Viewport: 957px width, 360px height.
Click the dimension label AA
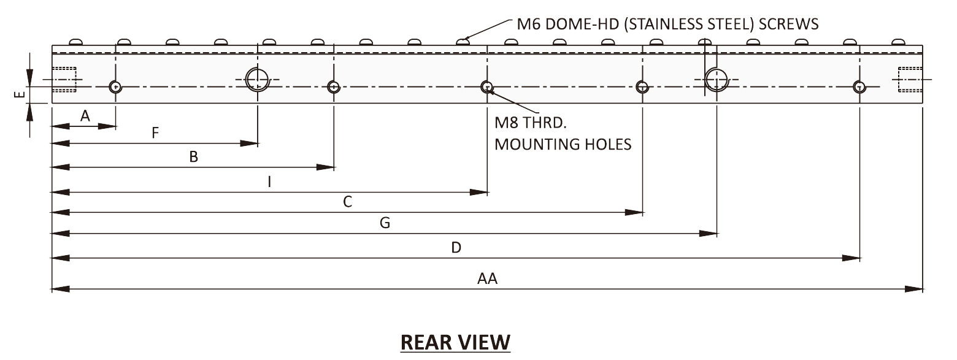[487, 279]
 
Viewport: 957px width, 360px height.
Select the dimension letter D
[456, 248]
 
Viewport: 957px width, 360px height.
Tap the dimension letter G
[385, 223]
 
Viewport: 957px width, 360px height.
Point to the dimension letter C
[347, 202]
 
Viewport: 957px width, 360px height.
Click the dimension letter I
[269, 182]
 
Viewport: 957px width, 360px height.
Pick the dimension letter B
[193, 157]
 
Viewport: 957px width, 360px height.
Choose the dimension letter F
[155, 133]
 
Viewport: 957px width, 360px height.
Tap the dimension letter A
[85, 116]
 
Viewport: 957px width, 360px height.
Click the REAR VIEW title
[455, 342]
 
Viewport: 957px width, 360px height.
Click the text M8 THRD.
[532, 123]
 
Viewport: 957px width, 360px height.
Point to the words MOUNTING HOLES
[563, 145]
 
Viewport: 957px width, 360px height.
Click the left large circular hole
[257, 79]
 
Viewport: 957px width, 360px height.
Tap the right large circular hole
[716, 79]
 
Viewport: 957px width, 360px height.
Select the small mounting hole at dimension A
[115, 87]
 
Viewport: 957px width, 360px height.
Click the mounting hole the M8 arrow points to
[486, 86]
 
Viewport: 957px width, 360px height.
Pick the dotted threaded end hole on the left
[64, 79]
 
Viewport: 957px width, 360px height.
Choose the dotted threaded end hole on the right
[910, 79]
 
